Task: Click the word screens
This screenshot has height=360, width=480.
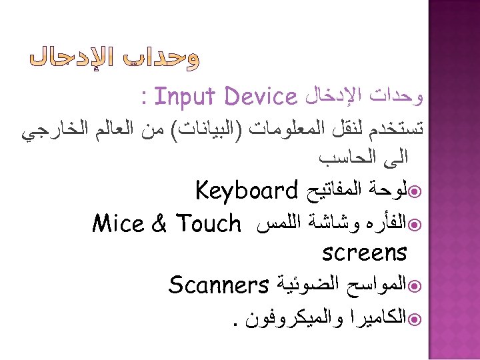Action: pos(364,253)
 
